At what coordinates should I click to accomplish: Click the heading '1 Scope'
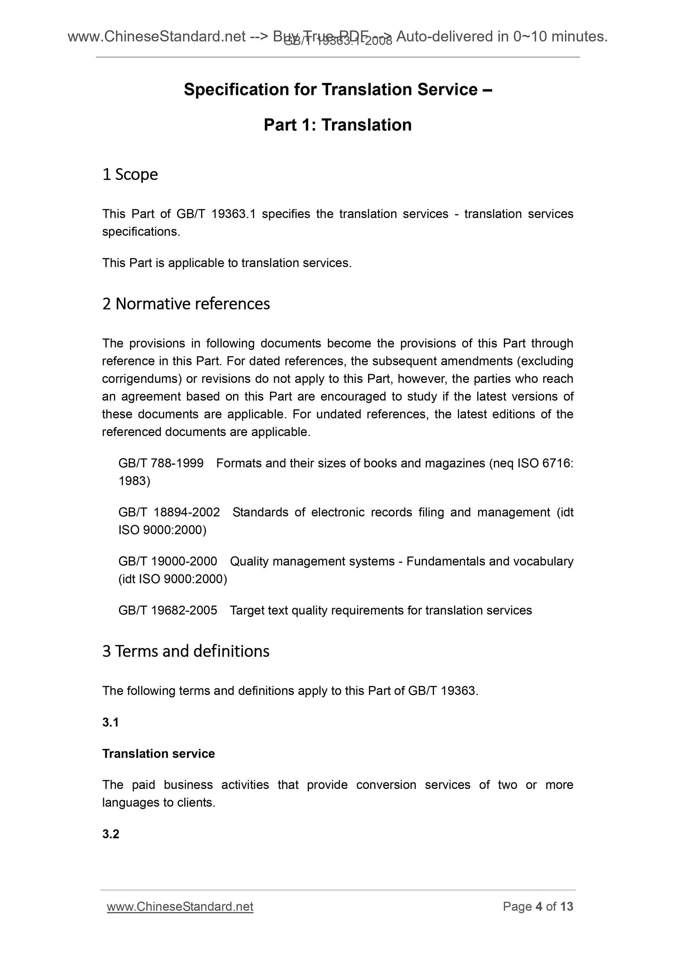click(130, 174)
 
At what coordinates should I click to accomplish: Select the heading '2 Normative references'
click(186, 304)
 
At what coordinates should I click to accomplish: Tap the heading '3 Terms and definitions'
click(186, 651)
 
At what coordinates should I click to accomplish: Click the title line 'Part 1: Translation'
click(337, 125)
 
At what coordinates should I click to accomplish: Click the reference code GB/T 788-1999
click(161, 463)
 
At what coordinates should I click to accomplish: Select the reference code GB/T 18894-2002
click(169, 512)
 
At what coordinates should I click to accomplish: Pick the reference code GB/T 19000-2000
click(167, 561)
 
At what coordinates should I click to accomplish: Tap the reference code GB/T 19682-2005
click(167, 610)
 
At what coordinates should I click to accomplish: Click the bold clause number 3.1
click(110, 722)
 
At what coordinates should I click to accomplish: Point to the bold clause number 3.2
click(110, 834)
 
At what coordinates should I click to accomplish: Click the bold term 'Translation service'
click(158, 754)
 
